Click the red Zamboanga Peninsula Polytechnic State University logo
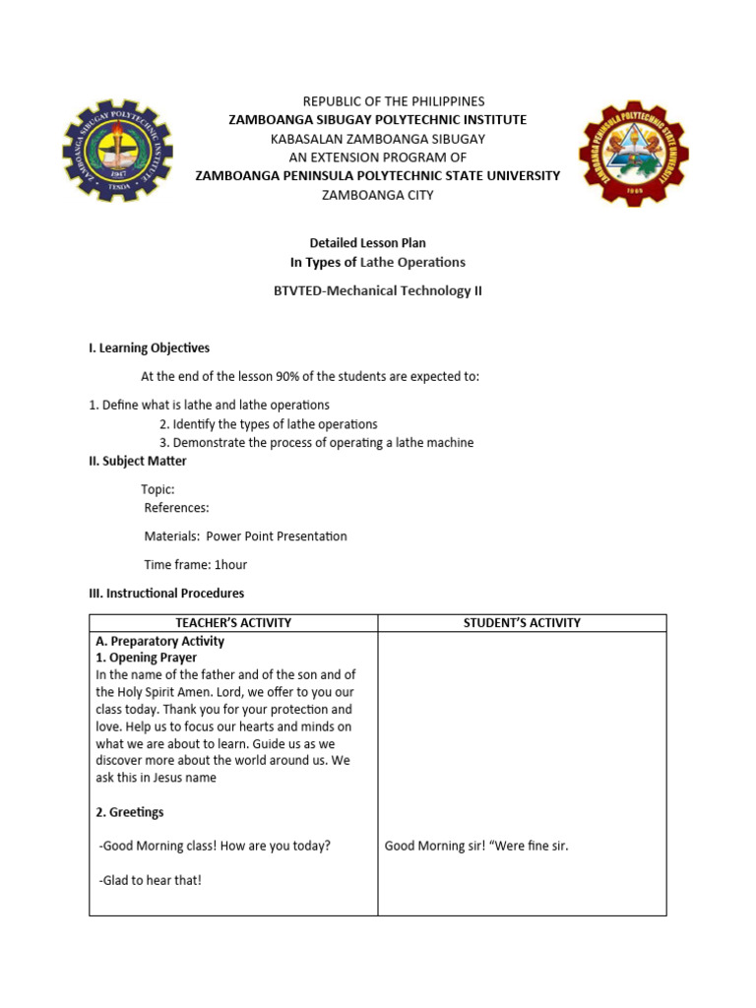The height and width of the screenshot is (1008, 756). point(633,154)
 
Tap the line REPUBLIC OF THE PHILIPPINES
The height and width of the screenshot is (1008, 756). point(378,101)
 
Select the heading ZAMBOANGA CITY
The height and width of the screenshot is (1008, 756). point(378,195)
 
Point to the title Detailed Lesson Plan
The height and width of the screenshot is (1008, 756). point(368,243)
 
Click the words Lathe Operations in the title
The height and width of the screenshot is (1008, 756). point(412,262)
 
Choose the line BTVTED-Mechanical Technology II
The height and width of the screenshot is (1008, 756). point(378,290)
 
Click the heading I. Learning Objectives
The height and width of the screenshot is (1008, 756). point(150,347)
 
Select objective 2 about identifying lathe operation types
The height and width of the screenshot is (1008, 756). point(269,424)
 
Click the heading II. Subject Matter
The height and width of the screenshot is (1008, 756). point(138,461)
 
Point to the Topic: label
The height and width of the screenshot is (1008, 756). point(158,489)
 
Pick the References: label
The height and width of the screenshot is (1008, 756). point(177,508)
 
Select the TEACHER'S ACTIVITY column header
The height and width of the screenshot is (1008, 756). point(233,623)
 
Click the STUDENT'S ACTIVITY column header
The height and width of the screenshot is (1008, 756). point(522,623)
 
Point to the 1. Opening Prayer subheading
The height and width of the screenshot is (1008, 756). point(147,658)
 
